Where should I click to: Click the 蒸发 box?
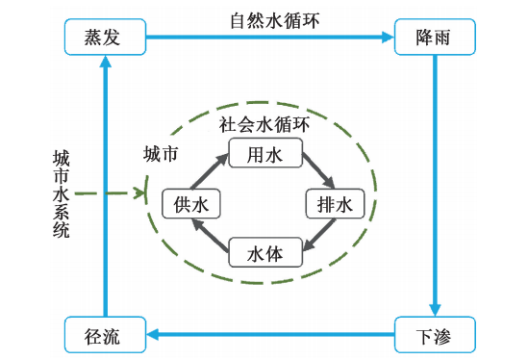pyautogui.click(x=105, y=39)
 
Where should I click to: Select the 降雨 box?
pyautogui.click(x=437, y=39)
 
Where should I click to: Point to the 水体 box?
pyautogui.click(x=264, y=253)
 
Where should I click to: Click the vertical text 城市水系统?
pyautogui.click(x=61, y=193)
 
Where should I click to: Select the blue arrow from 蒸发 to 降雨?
pyautogui.click(x=269, y=39)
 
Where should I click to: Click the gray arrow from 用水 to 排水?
pyautogui.click(x=317, y=171)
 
